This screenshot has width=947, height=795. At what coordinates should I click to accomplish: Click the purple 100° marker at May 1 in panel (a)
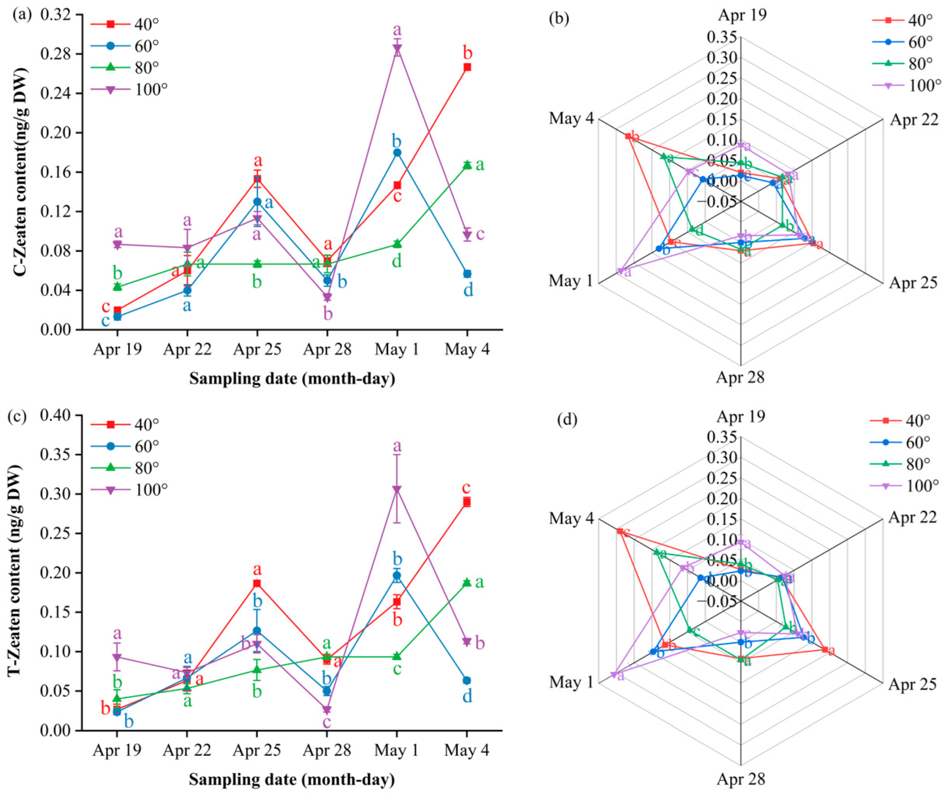tap(397, 49)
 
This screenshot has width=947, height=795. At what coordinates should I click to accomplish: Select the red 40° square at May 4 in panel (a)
tap(467, 67)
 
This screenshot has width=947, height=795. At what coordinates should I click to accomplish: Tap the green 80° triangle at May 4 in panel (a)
tap(467, 165)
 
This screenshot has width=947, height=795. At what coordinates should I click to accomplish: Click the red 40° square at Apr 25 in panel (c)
tap(257, 583)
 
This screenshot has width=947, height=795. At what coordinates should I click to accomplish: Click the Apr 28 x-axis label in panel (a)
tap(327, 350)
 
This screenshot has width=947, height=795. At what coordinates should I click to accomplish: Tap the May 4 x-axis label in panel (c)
tap(467, 750)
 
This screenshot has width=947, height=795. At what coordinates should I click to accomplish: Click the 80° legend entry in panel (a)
tap(146, 67)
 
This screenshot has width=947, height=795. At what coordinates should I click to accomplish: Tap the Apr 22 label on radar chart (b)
tap(913, 120)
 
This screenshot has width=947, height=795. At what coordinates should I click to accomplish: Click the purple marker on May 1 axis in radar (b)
tap(620, 271)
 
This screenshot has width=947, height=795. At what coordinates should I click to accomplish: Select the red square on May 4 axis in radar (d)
tap(620, 531)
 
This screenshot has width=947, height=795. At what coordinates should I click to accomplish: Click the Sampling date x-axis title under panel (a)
tap(292, 379)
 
